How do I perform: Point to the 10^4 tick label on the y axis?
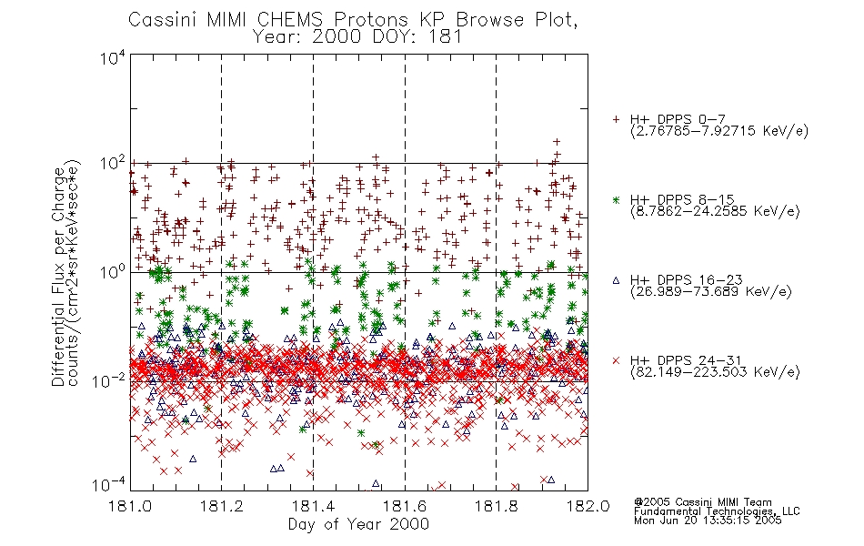point(113,58)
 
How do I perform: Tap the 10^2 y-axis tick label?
point(113,164)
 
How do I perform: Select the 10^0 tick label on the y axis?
point(113,272)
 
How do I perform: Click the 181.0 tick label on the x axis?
point(130,506)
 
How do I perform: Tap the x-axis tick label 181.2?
point(222,506)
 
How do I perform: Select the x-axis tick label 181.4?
point(313,506)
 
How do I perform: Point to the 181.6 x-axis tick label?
point(405,506)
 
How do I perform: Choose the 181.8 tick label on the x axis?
point(496,506)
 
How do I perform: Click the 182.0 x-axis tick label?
point(588,506)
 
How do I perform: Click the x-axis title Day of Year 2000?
point(358,524)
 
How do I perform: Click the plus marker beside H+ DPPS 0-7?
point(616,119)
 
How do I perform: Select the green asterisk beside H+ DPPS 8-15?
point(616,199)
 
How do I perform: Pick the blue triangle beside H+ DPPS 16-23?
point(616,280)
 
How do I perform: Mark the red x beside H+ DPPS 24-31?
point(616,360)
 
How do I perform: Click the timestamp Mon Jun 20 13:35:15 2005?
point(708,521)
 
